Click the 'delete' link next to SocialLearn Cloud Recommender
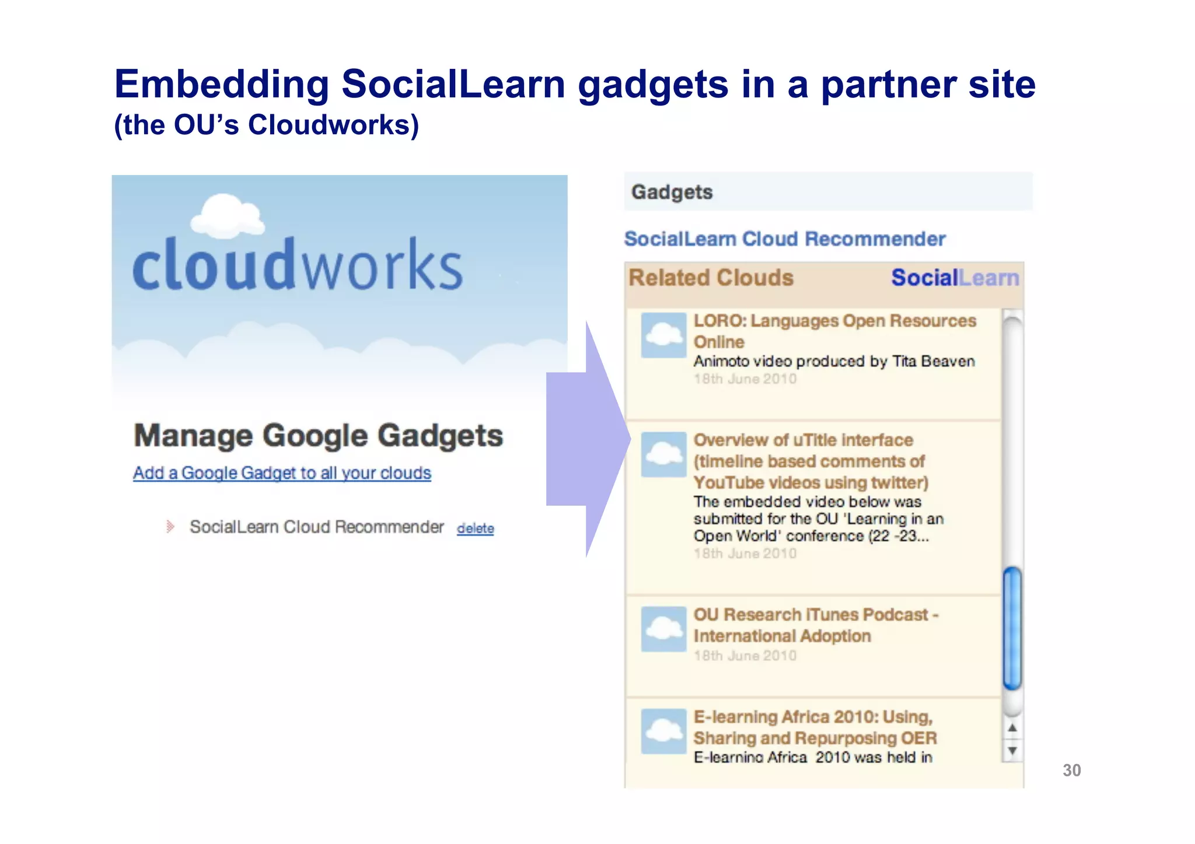click(475, 528)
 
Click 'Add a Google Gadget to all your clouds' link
click(282, 473)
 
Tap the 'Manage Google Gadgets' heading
click(318, 436)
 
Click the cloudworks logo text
click(298, 265)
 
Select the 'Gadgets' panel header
click(672, 192)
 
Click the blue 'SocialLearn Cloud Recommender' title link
click(784, 239)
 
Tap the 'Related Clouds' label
click(711, 278)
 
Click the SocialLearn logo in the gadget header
click(955, 278)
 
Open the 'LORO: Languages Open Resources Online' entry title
click(834, 331)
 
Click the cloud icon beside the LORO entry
click(663, 335)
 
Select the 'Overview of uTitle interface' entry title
click(810, 461)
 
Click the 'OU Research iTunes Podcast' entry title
click(815, 625)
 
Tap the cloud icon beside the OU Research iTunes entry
click(663, 629)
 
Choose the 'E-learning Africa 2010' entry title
click(815, 727)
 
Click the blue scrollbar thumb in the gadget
click(1012, 628)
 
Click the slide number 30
click(1071, 771)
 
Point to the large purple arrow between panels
click(586, 439)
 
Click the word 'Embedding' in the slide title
click(222, 84)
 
